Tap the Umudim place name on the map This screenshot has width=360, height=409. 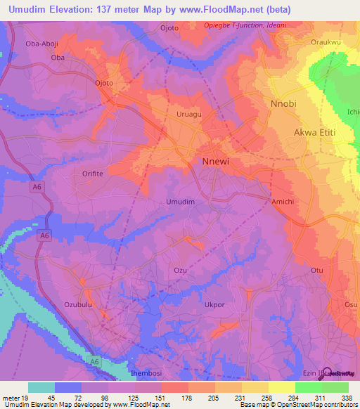click(x=180, y=202)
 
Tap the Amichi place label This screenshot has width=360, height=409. click(x=283, y=202)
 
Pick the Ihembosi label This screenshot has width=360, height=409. click(x=147, y=374)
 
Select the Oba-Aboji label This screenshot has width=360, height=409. click(x=42, y=44)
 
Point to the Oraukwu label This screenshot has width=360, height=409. click(x=326, y=42)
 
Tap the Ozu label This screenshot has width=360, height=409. click(x=180, y=270)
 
